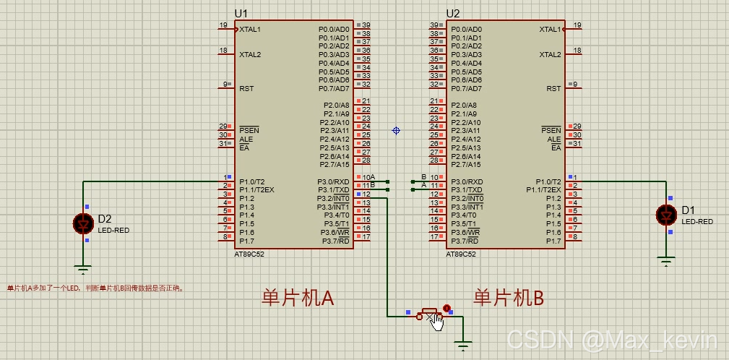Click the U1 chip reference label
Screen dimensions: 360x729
(x=241, y=13)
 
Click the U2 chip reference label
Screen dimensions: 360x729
(x=453, y=13)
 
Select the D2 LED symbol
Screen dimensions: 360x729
(x=84, y=223)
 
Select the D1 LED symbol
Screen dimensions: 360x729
(x=665, y=215)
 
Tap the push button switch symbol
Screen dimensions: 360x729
(x=431, y=315)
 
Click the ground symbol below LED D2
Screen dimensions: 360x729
(x=84, y=270)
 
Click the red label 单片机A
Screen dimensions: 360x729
(x=297, y=298)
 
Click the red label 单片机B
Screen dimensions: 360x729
(x=508, y=298)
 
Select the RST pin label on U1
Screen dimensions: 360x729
(x=246, y=88)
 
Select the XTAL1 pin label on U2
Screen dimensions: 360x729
(x=551, y=30)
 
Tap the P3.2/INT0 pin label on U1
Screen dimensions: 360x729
(x=333, y=198)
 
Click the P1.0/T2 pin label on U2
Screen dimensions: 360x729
(x=548, y=181)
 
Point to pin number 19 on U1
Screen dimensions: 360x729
(x=223, y=25)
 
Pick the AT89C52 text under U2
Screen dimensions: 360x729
(x=461, y=254)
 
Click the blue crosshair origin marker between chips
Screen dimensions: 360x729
(x=396, y=130)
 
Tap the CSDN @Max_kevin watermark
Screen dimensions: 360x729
(x=611, y=338)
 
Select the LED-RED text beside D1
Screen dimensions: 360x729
(x=697, y=222)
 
